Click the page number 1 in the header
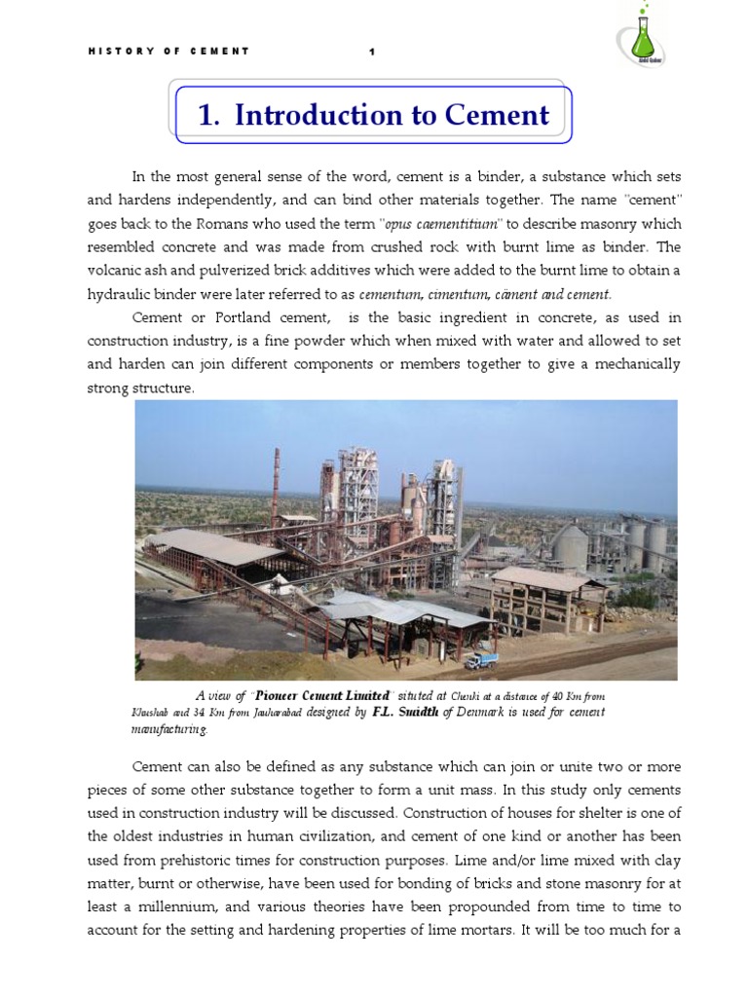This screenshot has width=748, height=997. pos(371,52)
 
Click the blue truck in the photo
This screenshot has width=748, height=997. pos(480,660)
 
